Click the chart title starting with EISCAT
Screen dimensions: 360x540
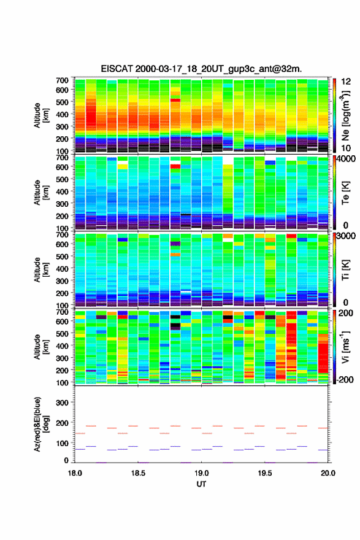tap(201, 69)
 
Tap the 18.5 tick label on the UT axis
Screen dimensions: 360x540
tap(138, 473)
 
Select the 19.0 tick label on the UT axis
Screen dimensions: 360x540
tap(201, 473)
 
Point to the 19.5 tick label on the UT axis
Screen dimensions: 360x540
tap(265, 473)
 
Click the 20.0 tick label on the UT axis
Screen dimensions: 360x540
tap(328, 473)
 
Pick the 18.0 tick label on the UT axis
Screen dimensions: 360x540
tap(75, 473)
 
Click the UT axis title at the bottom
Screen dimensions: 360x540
tap(201, 484)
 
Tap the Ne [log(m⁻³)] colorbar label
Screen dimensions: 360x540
tap(345, 116)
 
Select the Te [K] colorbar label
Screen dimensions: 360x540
tap(345, 193)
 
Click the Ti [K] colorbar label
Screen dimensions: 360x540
tap(345, 270)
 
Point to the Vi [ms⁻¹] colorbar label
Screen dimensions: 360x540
tap(345, 347)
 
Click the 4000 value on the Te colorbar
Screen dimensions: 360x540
tap(346, 159)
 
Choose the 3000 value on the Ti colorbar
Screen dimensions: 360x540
tap(346, 236)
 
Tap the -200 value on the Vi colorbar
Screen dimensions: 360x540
tap(343, 379)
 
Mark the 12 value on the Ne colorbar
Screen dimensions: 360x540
tap(346, 82)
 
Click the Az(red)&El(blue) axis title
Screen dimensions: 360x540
tap(41, 425)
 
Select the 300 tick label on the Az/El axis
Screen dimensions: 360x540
tap(62, 403)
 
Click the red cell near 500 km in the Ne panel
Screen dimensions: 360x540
tap(175, 100)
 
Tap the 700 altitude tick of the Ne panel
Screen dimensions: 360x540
tap(62, 80)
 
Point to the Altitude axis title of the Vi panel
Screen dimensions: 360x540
tap(41, 347)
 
